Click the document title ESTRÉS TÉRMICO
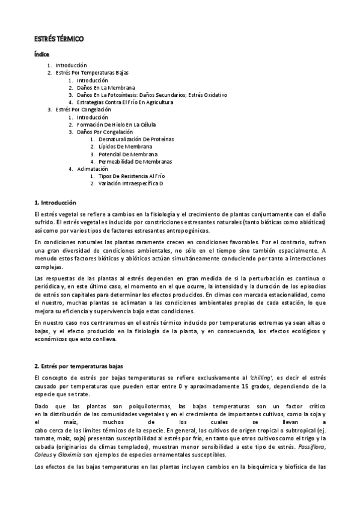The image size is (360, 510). point(58,39)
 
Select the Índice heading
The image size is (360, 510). point(41,55)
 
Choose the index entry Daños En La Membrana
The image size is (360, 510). point(103,87)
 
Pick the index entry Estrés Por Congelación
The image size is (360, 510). point(83,109)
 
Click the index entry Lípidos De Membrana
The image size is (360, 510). point(125,147)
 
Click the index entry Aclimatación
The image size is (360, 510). point(92,169)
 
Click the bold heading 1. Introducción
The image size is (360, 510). point(55,203)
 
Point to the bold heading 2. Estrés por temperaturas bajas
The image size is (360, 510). point(79,366)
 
